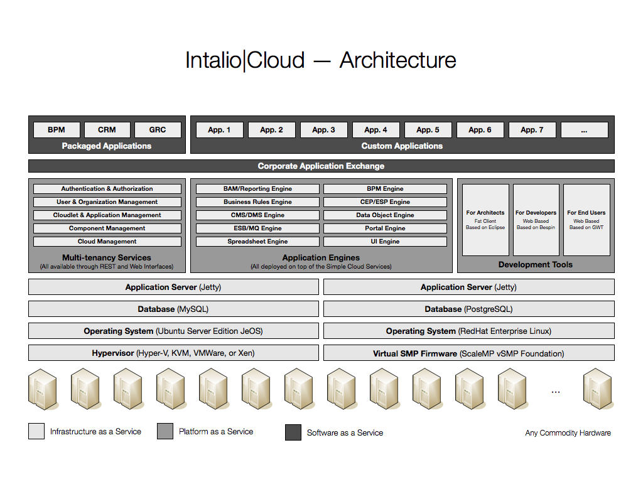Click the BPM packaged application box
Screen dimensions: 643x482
57,130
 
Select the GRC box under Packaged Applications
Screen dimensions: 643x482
158,130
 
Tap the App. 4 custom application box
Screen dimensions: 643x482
376,130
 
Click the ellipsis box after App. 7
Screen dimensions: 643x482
585,130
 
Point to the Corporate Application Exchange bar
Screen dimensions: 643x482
321,166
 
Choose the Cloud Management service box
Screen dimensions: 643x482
107,242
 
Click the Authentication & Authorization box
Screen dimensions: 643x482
107,189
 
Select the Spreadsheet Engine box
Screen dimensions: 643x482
257,242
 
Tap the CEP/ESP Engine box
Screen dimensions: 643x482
385,202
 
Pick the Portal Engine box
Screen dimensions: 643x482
385,228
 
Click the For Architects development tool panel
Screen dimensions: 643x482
485,220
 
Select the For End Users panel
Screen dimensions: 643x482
587,220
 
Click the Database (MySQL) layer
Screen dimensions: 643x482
173,309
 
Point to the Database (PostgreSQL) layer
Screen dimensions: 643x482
469,309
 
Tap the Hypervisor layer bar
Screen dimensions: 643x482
173,353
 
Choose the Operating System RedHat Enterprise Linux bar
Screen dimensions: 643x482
469,331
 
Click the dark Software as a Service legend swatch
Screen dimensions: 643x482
293,432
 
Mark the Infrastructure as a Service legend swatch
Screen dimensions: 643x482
36,431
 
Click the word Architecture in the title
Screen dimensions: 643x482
397,60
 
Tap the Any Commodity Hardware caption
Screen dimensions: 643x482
568,433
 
